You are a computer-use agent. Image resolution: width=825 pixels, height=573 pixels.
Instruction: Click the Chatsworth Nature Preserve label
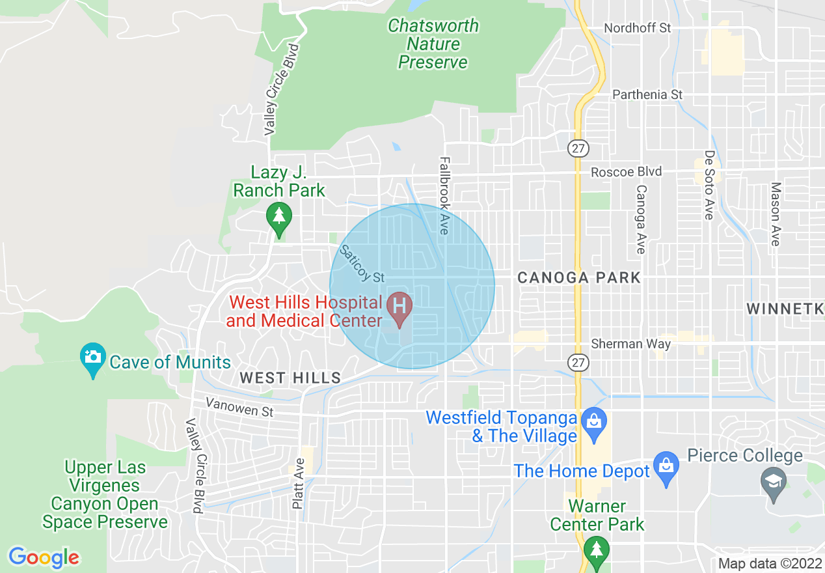tap(433, 44)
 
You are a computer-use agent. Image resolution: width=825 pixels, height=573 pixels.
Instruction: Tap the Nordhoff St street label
tap(637, 28)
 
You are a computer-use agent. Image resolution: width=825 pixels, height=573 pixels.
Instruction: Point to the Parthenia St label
tap(647, 95)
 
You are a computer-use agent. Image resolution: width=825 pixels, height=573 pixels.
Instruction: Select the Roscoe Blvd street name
tap(626, 173)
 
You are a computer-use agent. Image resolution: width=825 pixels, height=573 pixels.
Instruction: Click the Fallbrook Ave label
tap(444, 195)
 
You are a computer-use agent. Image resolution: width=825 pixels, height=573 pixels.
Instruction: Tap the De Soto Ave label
tap(709, 186)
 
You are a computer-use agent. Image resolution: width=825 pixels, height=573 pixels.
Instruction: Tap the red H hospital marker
tap(399, 306)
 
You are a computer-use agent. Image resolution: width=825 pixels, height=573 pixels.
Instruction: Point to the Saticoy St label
tap(362, 264)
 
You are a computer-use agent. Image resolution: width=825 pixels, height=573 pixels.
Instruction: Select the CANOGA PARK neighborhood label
tap(579, 278)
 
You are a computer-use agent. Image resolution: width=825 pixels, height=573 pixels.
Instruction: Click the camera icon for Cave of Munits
tap(93, 357)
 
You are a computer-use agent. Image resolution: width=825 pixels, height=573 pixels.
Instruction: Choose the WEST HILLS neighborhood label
tap(290, 378)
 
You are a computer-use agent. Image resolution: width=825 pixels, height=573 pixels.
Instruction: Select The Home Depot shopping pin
tap(666, 466)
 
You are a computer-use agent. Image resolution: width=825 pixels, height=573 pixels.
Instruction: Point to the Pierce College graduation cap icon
tap(774, 482)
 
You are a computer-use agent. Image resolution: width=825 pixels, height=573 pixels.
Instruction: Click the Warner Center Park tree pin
tap(596, 549)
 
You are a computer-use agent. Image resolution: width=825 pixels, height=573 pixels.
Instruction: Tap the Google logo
tap(44, 557)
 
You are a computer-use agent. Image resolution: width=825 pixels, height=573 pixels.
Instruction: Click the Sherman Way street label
tap(630, 344)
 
